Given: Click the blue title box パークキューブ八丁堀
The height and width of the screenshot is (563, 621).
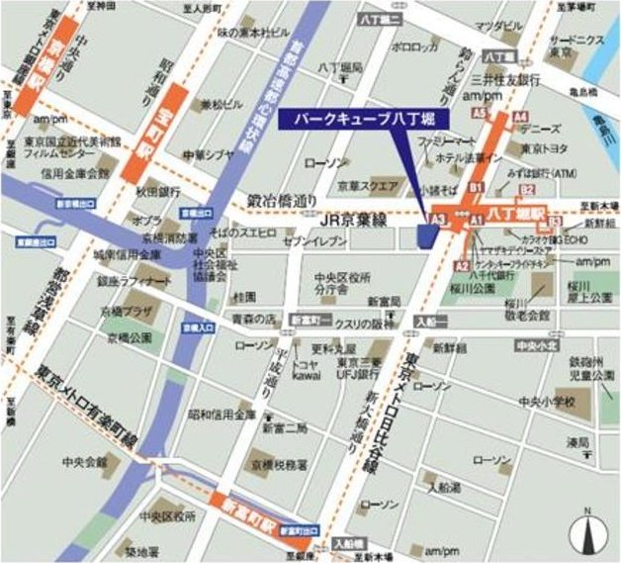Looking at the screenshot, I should point(363,119).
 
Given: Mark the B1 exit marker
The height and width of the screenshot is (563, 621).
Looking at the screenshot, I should point(475,186).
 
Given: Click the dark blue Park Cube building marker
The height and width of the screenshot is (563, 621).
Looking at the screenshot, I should point(428,235).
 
